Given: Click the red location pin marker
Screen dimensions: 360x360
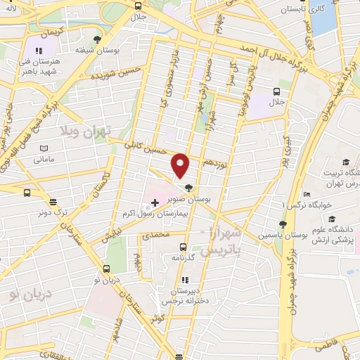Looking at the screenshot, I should pos(181,165).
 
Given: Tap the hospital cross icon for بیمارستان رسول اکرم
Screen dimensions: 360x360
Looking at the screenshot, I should pos(155,202).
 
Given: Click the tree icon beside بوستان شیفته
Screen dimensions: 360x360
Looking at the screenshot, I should pos(97,39).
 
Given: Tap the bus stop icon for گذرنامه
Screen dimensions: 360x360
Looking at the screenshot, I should pos(184,247).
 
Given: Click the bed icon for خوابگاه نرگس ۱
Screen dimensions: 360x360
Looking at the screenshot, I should pos(305,194).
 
